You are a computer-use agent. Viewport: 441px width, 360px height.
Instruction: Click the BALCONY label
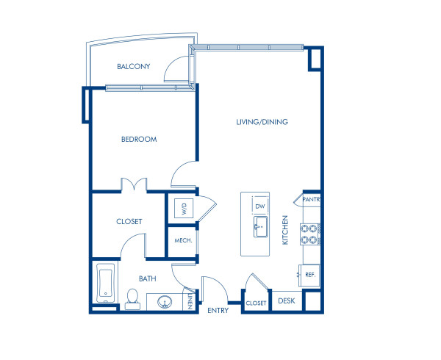point(133,67)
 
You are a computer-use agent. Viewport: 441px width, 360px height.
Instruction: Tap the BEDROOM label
point(139,139)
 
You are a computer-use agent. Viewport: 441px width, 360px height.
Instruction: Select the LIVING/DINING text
point(262,122)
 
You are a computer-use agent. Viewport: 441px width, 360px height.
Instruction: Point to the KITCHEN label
point(286,230)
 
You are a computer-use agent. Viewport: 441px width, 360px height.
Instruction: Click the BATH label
point(148,278)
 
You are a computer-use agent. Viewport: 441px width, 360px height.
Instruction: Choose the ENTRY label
point(218,310)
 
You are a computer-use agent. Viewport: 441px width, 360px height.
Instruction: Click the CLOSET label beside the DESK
point(256,303)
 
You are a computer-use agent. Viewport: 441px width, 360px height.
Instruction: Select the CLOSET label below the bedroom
point(129,221)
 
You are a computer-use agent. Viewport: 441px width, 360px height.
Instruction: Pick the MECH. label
point(183,240)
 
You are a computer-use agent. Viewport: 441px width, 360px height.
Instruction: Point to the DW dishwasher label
point(259,206)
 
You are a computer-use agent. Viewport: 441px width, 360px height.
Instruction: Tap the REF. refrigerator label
point(309,275)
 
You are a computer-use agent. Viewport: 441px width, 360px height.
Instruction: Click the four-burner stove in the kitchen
point(309,234)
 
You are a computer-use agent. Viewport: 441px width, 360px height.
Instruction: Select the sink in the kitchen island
point(259,227)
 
